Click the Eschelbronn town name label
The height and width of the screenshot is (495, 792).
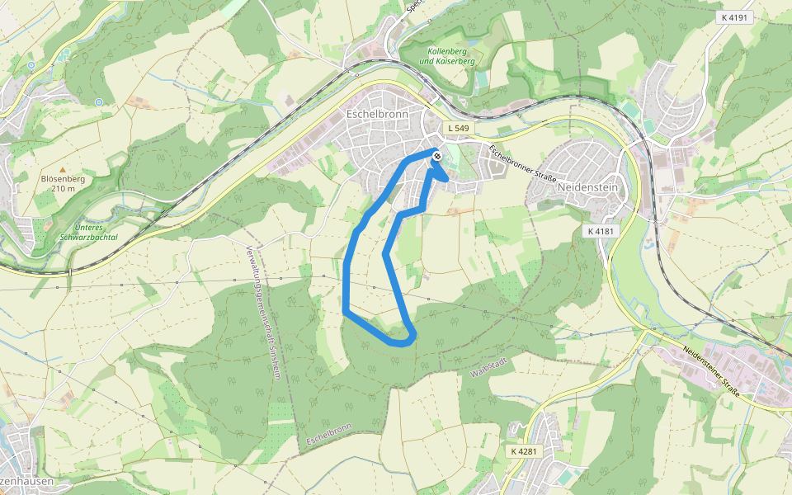coord(378,114)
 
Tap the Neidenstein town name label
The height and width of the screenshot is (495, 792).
coord(587,187)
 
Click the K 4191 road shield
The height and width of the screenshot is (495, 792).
coord(733,16)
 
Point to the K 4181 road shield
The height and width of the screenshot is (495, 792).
coord(601,232)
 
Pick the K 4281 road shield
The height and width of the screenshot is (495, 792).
coord(523,451)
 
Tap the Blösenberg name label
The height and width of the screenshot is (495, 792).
coord(62,178)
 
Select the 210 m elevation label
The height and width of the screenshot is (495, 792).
coord(62,189)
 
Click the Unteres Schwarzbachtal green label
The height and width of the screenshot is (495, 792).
coord(89,232)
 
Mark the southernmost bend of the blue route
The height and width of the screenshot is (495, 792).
coord(401,342)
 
